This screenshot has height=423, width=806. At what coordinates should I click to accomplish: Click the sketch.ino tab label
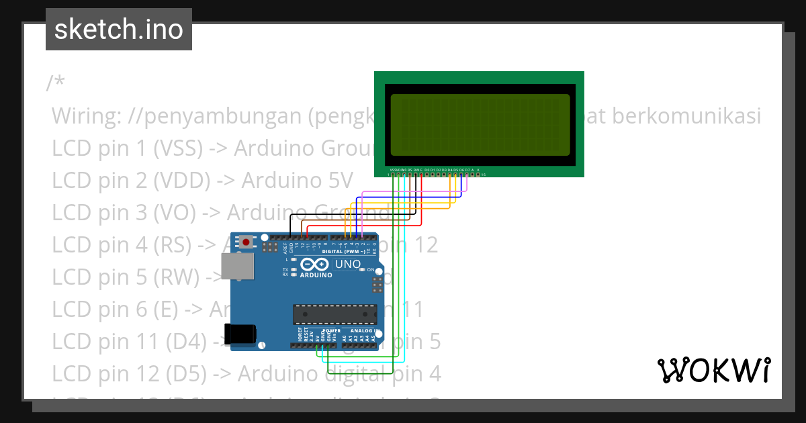coord(119,30)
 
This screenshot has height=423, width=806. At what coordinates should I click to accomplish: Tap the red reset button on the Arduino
coord(247,242)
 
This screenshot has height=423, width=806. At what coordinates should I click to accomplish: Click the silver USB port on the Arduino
coord(238,267)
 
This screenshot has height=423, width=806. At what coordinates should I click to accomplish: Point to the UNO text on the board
coord(347,265)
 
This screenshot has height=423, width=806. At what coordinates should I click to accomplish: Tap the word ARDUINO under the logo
coord(316,275)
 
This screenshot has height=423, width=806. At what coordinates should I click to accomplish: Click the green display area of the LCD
coord(480,125)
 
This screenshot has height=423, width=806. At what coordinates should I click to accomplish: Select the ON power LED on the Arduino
coord(363,269)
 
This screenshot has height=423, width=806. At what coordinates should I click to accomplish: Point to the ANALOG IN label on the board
coord(363,330)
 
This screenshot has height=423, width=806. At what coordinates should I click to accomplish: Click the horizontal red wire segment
coord(363,226)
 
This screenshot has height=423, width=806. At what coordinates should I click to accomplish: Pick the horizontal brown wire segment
coord(356,220)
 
